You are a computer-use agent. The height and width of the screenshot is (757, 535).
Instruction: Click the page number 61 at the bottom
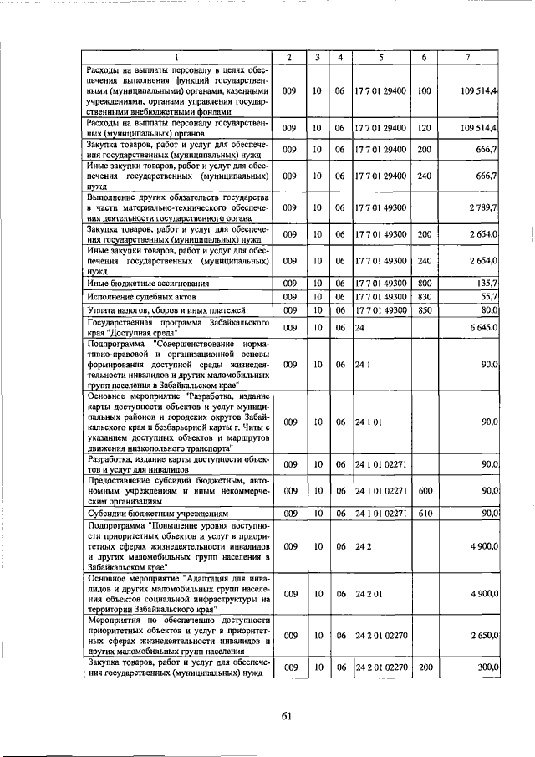pyautogui.click(x=284, y=714)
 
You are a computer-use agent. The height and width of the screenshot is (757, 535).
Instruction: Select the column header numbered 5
pyautogui.click(x=380, y=57)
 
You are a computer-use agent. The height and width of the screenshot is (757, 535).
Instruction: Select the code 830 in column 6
pyautogui.click(x=424, y=297)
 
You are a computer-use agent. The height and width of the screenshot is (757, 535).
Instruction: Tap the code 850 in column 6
pyautogui.click(x=424, y=309)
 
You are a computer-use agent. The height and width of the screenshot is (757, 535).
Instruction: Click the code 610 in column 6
pyautogui.click(x=424, y=513)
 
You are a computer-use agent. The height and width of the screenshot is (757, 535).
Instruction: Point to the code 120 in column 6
pyautogui.click(x=424, y=128)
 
